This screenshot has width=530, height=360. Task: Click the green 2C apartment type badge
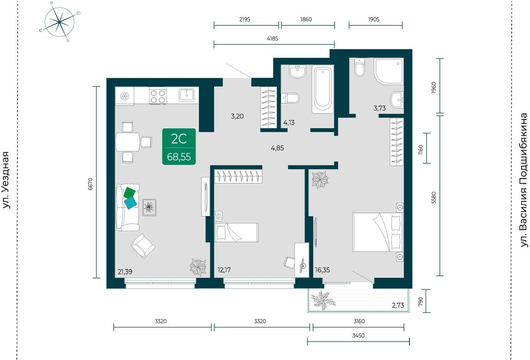coord(179,147)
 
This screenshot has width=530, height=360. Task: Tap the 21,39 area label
coord(125,271)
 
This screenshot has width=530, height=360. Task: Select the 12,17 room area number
coord(225,270)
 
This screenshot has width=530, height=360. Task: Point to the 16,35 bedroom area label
coord(322,270)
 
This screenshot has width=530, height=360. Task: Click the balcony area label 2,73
coord(398,305)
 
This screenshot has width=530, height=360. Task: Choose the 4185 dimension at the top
coord(272,39)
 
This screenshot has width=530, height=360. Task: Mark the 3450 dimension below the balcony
coord(358,335)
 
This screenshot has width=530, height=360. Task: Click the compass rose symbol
coord(59,22)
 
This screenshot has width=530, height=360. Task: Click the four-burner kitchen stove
coord(157,96)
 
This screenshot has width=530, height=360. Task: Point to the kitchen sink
coord(187,95)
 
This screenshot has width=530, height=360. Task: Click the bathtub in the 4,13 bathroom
coord(323,90)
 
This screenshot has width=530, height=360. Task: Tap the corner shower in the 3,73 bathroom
coord(389,71)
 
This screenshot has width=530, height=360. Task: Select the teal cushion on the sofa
coord(131,203)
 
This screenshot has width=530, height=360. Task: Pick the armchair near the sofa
coord(143,246)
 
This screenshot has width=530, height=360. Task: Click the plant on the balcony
coord(323,300)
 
